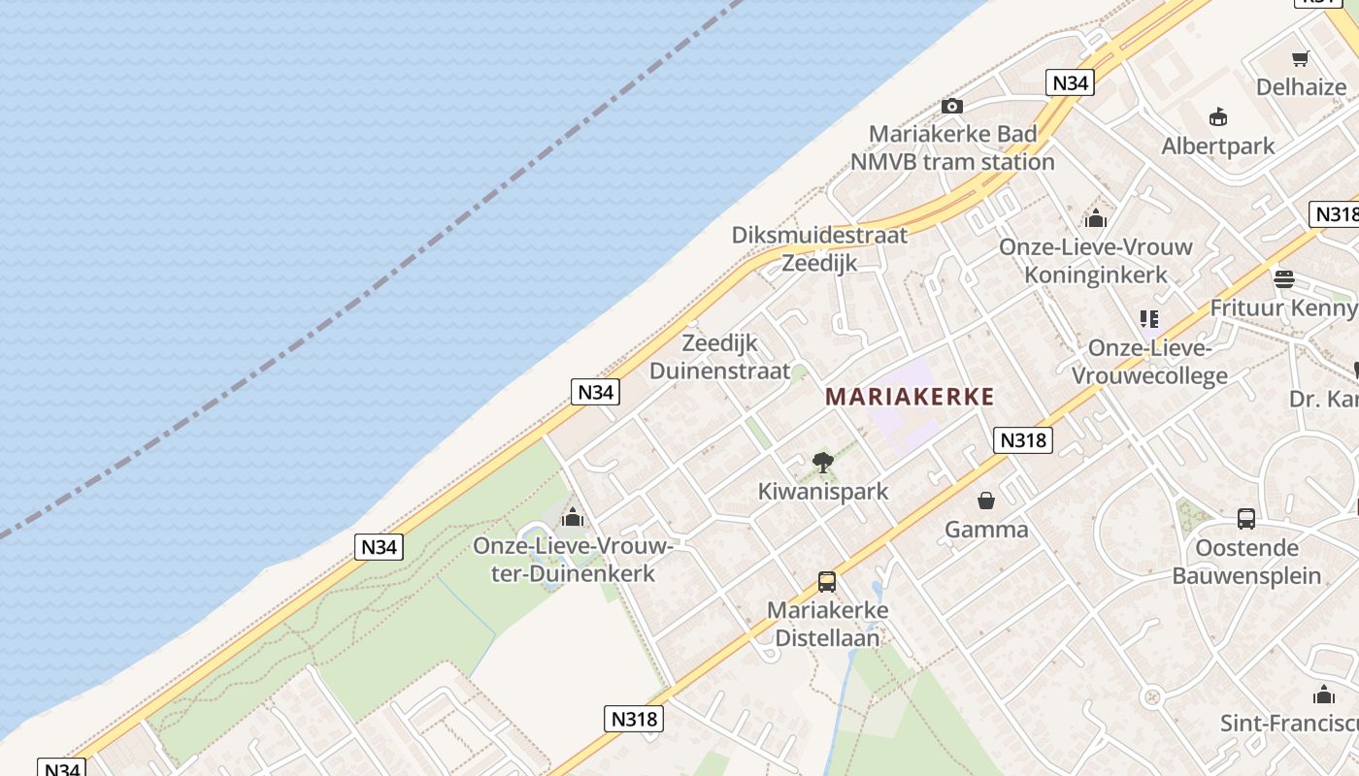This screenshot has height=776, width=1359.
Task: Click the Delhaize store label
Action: (x=1301, y=87)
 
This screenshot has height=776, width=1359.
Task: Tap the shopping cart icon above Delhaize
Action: (x=1301, y=58)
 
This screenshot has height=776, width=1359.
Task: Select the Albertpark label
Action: (x=1218, y=146)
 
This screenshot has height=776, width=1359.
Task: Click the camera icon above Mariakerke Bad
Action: (x=952, y=106)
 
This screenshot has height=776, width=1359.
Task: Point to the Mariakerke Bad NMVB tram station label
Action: (x=952, y=147)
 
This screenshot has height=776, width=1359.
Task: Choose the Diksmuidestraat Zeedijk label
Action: (x=820, y=248)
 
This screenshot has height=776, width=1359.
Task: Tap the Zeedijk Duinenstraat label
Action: (x=719, y=356)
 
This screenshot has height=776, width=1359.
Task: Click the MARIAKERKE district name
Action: (x=910, y=396)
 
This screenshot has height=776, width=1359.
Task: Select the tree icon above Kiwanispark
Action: (x=823, y=463)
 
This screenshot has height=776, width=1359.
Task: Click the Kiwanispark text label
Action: (x=823, y=492)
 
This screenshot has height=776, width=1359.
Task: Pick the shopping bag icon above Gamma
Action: (x=986, y=501)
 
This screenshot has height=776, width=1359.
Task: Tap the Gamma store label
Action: (x=986, y=530)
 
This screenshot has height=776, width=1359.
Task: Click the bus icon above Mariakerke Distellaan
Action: (x=827, y=582)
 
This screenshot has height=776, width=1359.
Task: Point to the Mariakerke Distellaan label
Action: (x=827, y=624)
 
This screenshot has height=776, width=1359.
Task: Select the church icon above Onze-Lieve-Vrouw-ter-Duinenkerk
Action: (x=573, y=516)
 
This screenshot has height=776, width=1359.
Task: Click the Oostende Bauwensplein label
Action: (x=1246, y=562)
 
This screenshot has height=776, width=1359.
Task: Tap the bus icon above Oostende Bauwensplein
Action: (x=1246, y=519)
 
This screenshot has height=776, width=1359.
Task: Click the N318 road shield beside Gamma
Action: (x=1023, y=440)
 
